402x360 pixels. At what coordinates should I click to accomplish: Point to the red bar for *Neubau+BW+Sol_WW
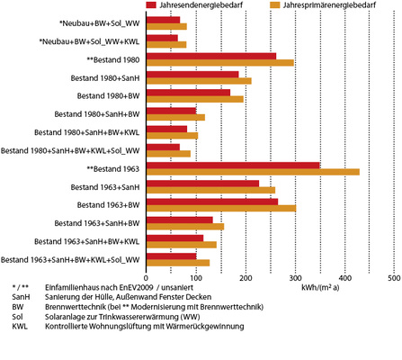[163, 19]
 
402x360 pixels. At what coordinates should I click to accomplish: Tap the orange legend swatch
[273, 4]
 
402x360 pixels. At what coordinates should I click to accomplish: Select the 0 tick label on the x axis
[146, 278]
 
